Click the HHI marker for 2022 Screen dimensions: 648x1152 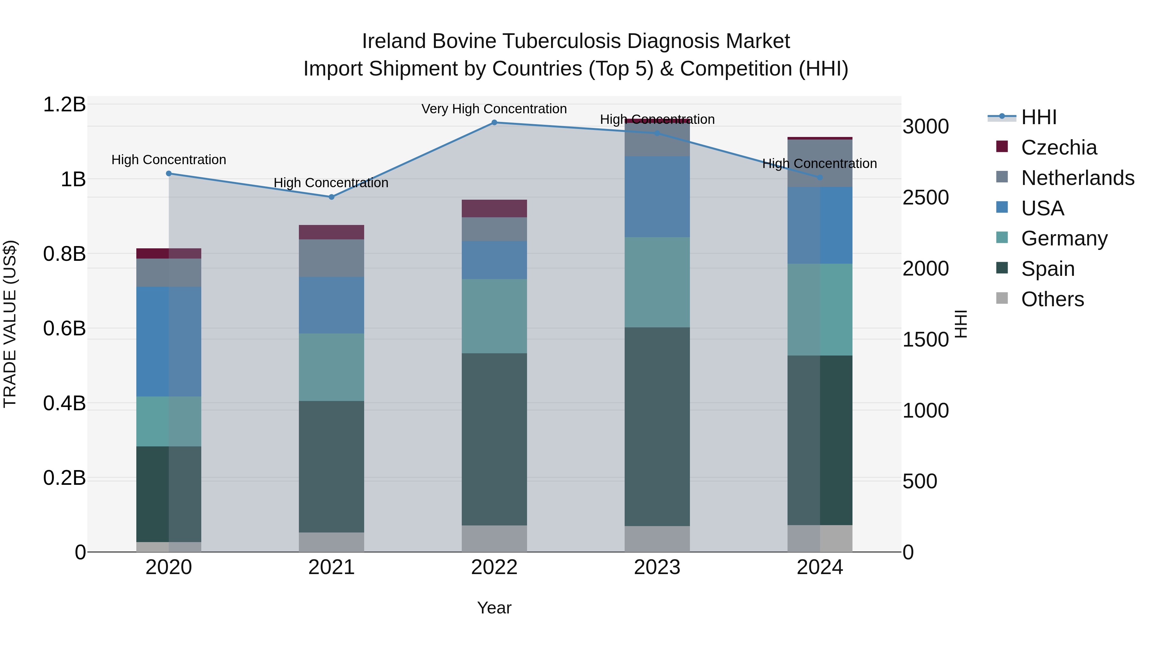[x=494, y=122]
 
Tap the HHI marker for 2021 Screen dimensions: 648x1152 [x=332, y=197]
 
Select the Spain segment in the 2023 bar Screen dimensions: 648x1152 [x=657, y=426]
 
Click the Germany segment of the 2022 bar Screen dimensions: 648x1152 [x=494, y=316]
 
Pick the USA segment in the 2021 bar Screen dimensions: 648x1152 [x=332, y=305]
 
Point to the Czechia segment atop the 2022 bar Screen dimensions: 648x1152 [x=494, y=208]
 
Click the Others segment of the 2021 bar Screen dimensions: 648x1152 [x=332, y=542]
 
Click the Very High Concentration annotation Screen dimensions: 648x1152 [x=494, y=109]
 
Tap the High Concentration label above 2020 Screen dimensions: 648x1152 [x=169, y=160]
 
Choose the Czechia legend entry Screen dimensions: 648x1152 [x=1059, y=148]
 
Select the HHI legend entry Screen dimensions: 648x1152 [x=1038, y=117]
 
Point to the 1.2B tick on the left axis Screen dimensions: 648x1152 [x=64, y=105]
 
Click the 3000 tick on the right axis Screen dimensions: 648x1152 [x=925, y=126]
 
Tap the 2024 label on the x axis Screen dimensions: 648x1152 [x=820, y=567]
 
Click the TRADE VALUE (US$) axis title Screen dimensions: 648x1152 [x=10, y=324]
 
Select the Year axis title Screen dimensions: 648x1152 [x=494, y=608]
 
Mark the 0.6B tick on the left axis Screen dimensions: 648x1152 [x=64, y=329]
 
